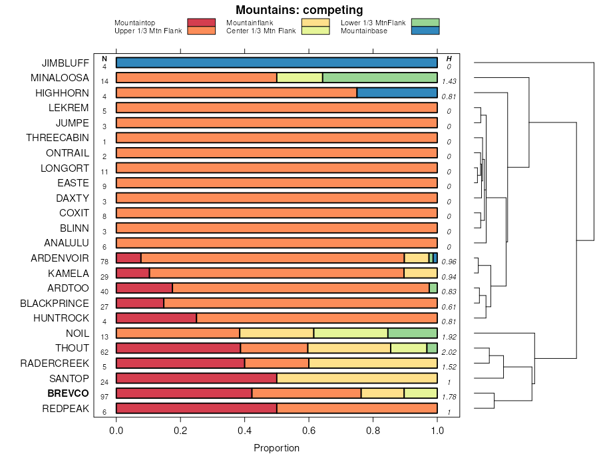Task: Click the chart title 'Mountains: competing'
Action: (299, 10)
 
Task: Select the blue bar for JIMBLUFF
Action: (276, 63)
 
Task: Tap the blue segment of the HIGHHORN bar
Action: (397, 93)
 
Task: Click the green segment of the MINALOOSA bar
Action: (379, 77)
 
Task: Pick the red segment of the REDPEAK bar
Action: (196, 408)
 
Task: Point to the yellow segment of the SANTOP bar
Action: (357, 378)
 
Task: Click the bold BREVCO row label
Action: (68, 393)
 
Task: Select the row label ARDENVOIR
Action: (60, 258)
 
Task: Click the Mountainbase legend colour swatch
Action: (425, 30)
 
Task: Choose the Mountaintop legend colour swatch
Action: (201, 23)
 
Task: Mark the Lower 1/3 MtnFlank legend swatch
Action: (425, 23)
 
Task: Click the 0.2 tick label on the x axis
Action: (180, 431)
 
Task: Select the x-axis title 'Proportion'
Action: (276, 448)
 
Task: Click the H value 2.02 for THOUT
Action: (449, 351)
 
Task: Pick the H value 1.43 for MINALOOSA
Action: (449, 81)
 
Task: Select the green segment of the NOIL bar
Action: (412, 333)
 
